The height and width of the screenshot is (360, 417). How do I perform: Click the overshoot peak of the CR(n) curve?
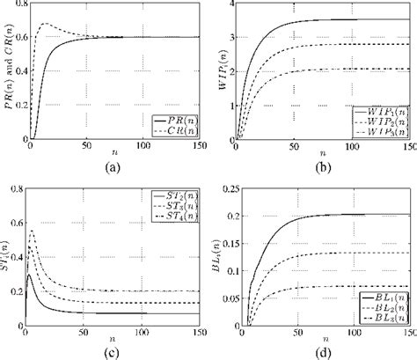tap(48, 24)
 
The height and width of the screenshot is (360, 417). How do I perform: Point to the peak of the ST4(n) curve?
tap(33, 231)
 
